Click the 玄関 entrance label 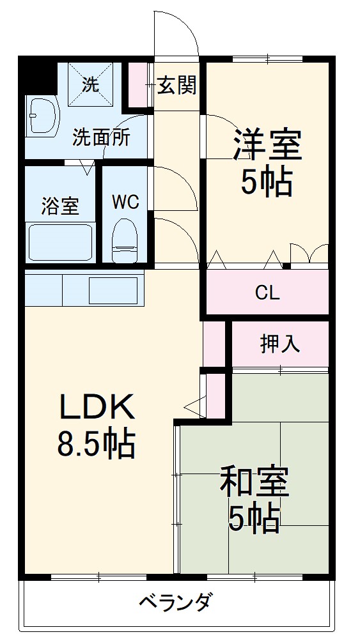click(176, 86)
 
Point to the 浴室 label click(60, 206)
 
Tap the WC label click(125, 202)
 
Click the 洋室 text click(267, 145)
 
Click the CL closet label click(267, 293)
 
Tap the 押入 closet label click(279, 344)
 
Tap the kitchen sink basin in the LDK click(113, 290)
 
